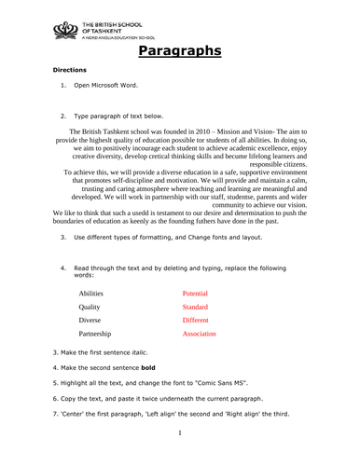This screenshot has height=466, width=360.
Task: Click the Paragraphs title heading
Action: click(x=179, y=50)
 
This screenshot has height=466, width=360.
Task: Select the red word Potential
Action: click(x=196, y=294)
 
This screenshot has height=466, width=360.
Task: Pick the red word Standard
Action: click(x=195, y=307)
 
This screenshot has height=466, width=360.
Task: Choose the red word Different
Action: click(x=196, y=320)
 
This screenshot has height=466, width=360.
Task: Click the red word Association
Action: click(x=199, y=333)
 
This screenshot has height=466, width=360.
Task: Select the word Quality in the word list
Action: click(x=90, y=307)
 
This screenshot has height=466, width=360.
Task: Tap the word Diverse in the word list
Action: click(x=90, y=320)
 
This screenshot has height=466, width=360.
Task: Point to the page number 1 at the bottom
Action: click(x=179, y=432)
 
